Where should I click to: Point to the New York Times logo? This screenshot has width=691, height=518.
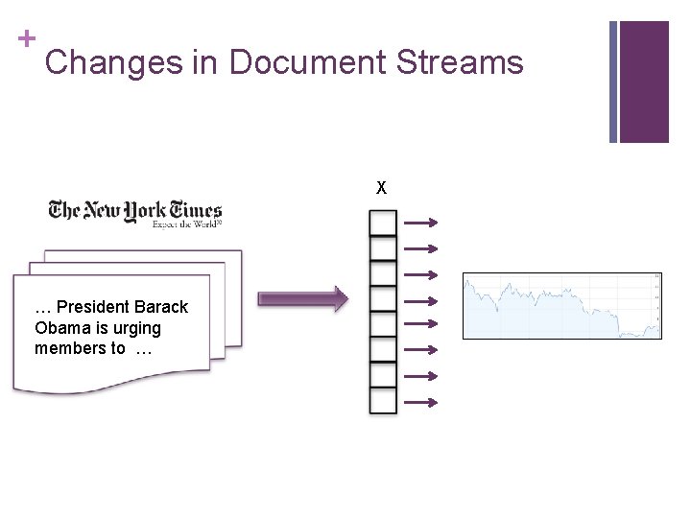pos(135,212)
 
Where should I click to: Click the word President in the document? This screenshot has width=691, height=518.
pos(93,307)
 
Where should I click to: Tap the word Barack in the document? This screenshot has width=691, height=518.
pos(161,307)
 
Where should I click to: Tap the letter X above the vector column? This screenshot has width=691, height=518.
pos(382,188)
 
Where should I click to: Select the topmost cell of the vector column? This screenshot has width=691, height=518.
pos(383,224)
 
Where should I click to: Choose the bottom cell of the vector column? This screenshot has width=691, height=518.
pos(383,400)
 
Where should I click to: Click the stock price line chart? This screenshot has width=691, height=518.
pos(562,306)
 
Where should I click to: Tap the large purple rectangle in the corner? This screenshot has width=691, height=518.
pos(644,82)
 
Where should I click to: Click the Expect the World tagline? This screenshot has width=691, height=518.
pos(187,224)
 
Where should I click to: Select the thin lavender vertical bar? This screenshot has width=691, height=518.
pos(613,82)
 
